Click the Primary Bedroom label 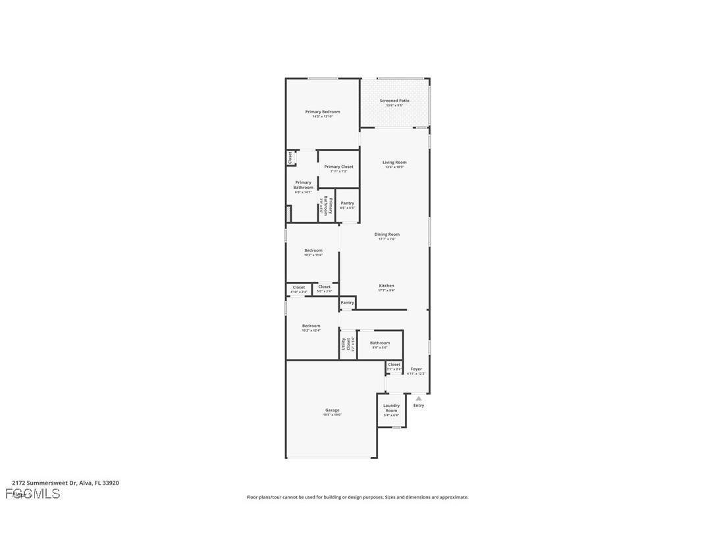point(323,112)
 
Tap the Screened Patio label point(394,101)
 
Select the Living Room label point(394,162)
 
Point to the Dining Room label point(387,234)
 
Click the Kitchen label point(386,286)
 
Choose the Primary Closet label point(338,167)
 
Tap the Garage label point(332,410)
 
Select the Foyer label point(416,369)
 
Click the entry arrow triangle point(419,398)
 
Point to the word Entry point(419,406)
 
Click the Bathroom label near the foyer point(380,343)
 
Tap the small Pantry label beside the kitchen point(347,303)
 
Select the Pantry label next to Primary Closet point(347,203)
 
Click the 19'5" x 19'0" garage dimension point(332,415)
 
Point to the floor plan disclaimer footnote point(357,497)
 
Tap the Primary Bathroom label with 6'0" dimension point(304,185)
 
